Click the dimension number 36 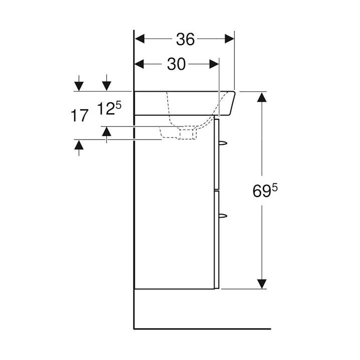pyautogui.click(x=186, y=39)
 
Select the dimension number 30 pyautogui.click(x=176, y=64)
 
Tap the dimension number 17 pyautogui.click(x=79, y=115)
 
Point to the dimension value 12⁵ pyautogui.click(x=109, y=108)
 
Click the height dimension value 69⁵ pyautogui.click(x=265, y=191)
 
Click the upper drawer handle pyautogui.click(x=223, y=143)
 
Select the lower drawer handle pyautogui.click(x=223, y=216)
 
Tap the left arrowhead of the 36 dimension pyautogui.click(x=139, y=39)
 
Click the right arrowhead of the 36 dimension pyautogui.click(x=229, y=39)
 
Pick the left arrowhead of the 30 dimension pyautogui.click(x=139, y=64)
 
